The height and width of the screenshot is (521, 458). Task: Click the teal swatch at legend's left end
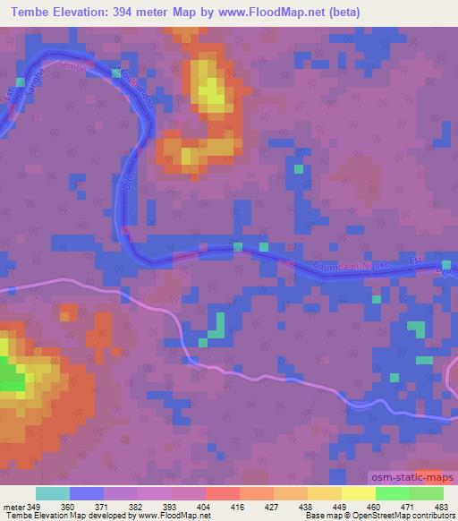52,493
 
